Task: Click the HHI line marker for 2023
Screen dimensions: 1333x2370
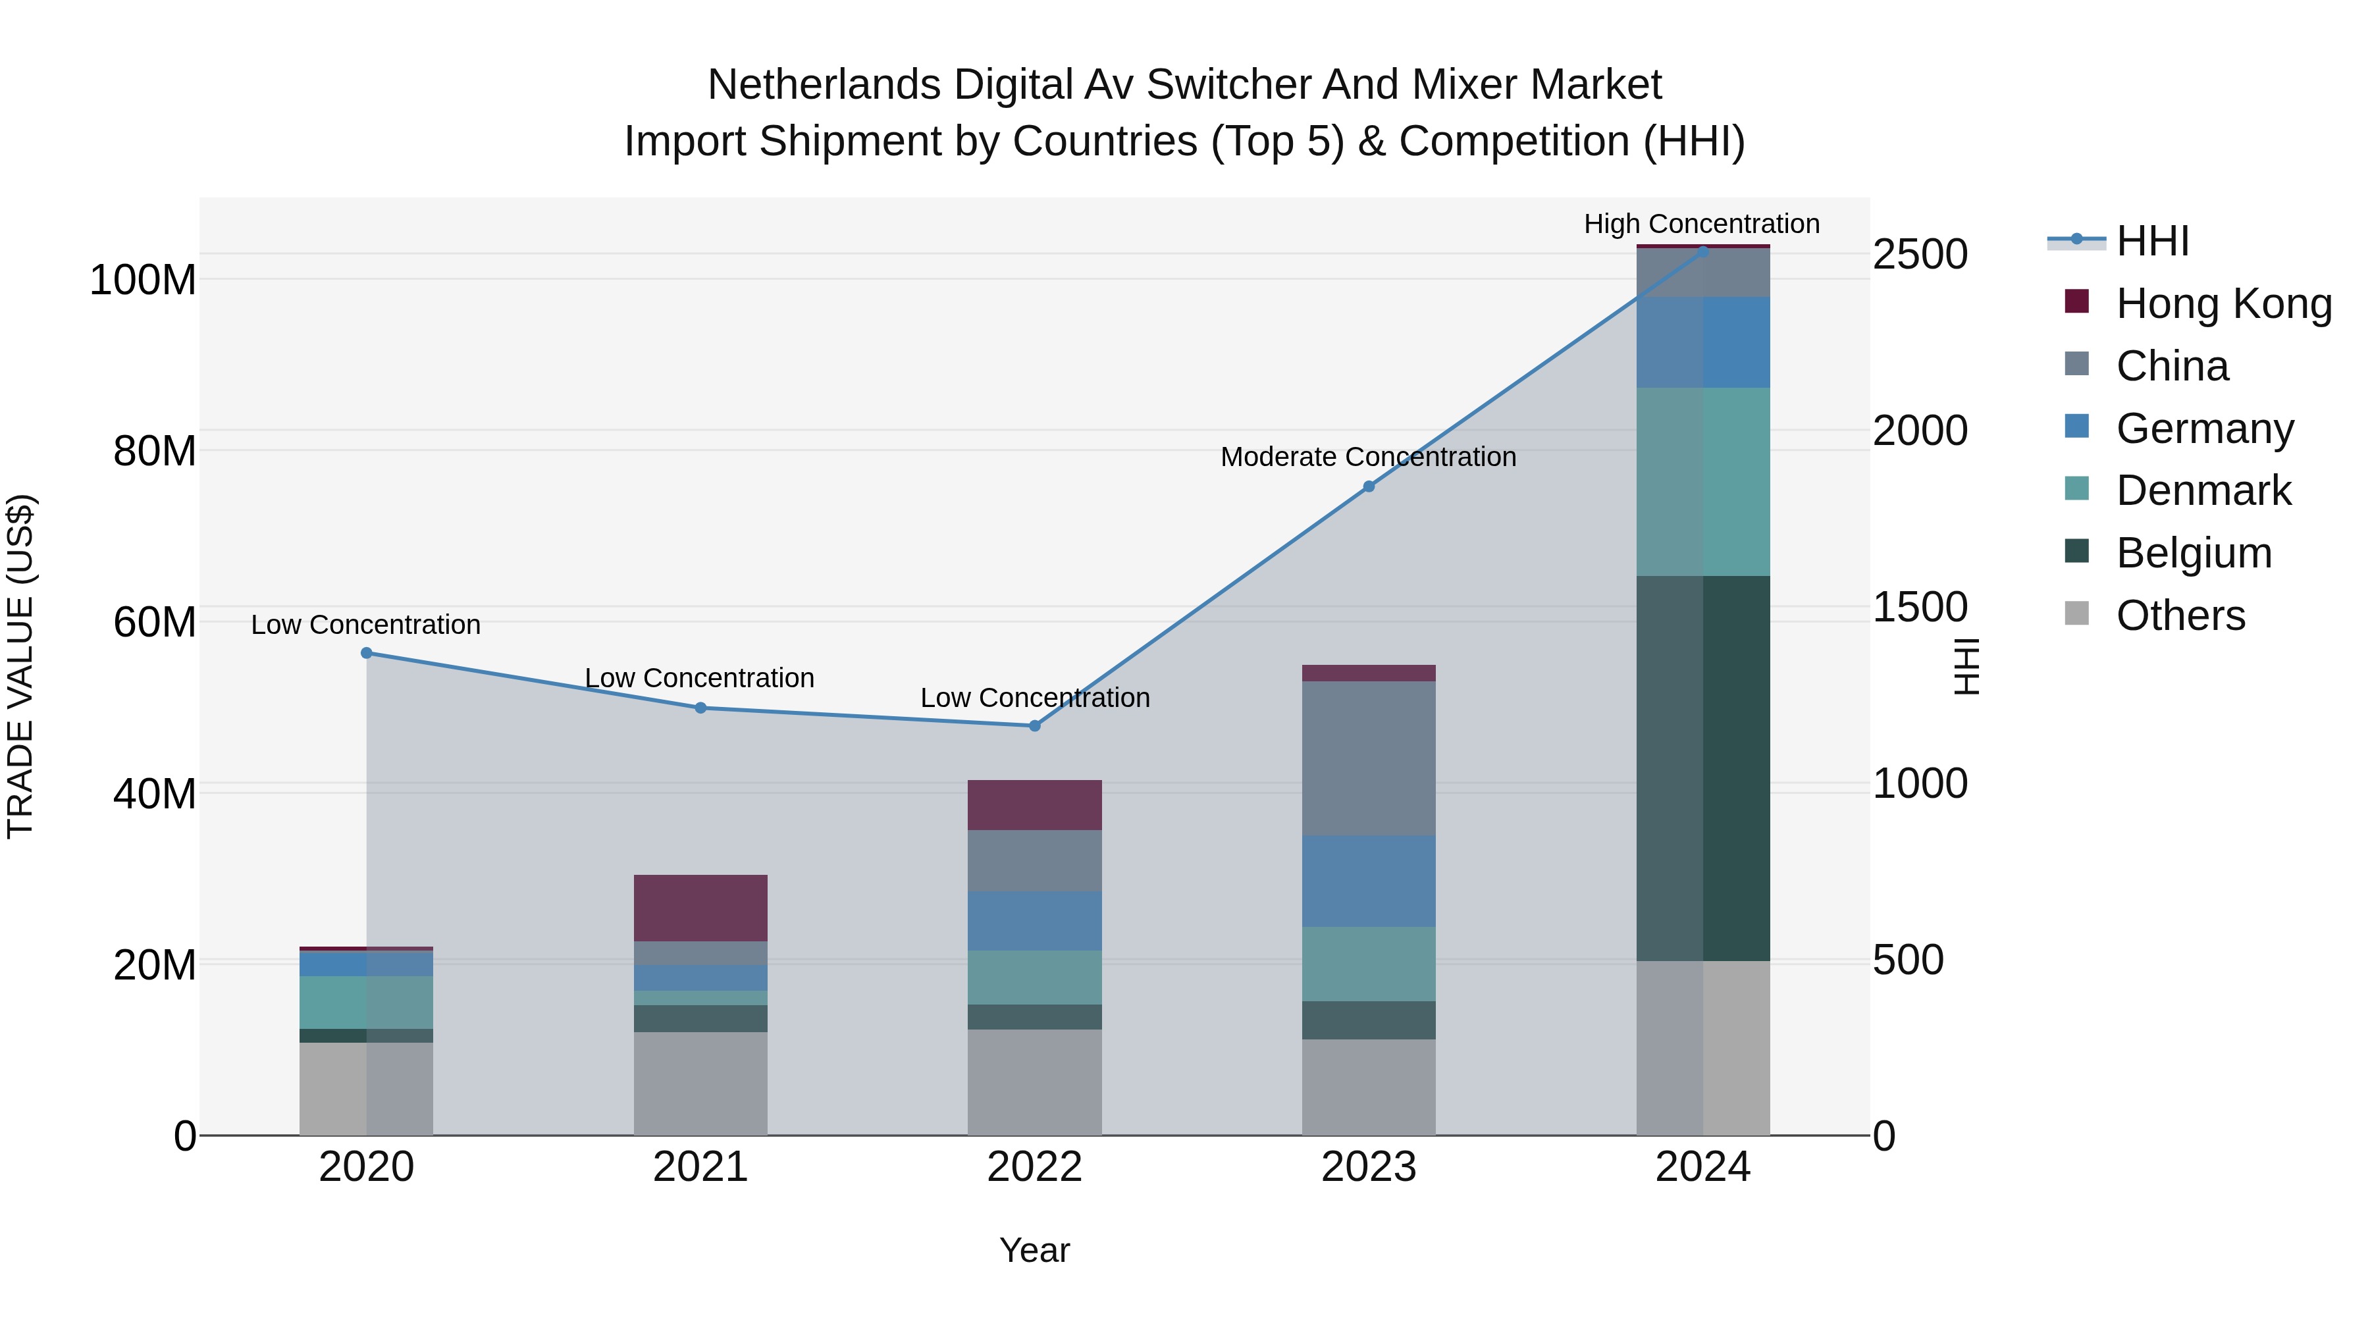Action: pos(1368,486)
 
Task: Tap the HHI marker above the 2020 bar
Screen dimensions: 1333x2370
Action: pos(366,653)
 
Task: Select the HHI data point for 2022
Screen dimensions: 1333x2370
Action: pos(1034,726)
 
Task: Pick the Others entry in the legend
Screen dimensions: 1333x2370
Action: pos(2180,615)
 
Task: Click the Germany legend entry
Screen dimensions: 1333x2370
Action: pos(2204,429)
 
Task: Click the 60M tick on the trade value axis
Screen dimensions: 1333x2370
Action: pos(155,623)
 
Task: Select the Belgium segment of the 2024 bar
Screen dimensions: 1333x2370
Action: pos(1703,768)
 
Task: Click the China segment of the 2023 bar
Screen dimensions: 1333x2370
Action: pos(1368,758)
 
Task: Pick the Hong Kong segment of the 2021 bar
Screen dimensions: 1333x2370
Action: pos(700,907)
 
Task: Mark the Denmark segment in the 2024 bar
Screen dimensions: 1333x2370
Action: pos(1703,481)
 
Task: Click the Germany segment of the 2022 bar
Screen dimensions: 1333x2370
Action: pos(1034,920)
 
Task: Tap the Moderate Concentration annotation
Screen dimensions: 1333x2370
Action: pos(1368,457)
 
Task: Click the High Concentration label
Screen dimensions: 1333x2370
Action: pos(1701,224)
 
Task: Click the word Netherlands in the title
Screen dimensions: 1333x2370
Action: pos(824,85)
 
